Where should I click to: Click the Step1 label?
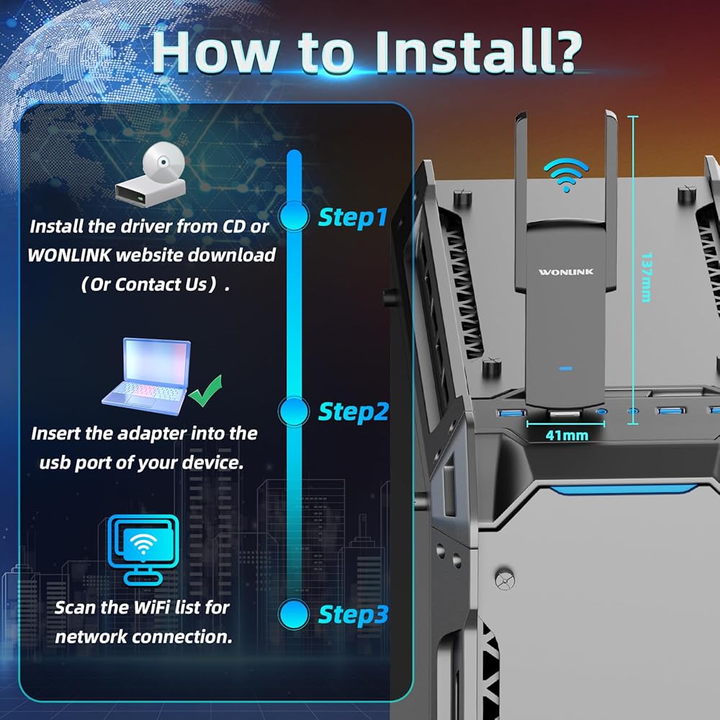[353, 217]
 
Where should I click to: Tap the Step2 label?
[353, 411]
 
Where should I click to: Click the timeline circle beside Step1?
[294, 216]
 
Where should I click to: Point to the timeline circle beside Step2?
[294, 411]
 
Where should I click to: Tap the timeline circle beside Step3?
[294, 614]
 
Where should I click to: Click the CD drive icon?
[151, 174]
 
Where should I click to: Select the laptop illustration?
[147, 377]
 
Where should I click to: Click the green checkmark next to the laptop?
[205, 391]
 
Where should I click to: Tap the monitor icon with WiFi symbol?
[143, 549]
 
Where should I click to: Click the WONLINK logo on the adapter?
[566, 272]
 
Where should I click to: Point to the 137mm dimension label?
[646, 277]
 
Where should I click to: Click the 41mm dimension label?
[567, 436]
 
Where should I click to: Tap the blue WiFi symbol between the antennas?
[566, 175]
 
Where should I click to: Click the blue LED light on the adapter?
[566, 368]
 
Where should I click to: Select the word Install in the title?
[464, 51]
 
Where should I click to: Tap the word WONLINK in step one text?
[69, 256]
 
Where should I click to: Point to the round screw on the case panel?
[505, 580]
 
